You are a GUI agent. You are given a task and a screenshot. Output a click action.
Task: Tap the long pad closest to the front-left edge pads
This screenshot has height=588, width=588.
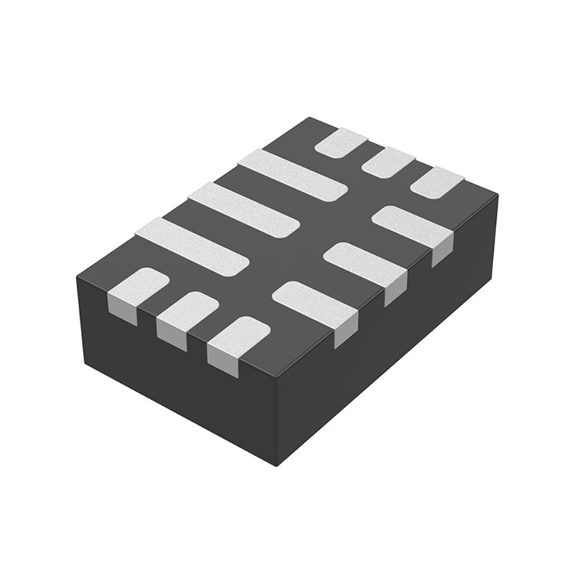[190, 246]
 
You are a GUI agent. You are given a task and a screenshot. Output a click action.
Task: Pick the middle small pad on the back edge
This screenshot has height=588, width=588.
[388, 162]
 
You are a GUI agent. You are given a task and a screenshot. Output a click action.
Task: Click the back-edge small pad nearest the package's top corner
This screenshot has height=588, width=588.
[341, 142]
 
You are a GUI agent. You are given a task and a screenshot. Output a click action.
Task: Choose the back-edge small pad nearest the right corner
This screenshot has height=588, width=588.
[437, 182]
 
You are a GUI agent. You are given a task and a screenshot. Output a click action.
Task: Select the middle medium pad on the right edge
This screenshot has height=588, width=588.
[365, 263]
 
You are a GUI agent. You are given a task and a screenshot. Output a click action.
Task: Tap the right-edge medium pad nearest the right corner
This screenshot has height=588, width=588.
[412, 225]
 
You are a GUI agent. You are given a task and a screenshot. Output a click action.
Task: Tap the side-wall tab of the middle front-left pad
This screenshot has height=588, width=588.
[172, 338]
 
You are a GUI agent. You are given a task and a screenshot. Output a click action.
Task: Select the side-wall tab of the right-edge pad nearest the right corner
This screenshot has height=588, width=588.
[441, 254]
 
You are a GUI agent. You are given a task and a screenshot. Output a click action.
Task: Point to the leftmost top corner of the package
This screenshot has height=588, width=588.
[77, 279]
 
